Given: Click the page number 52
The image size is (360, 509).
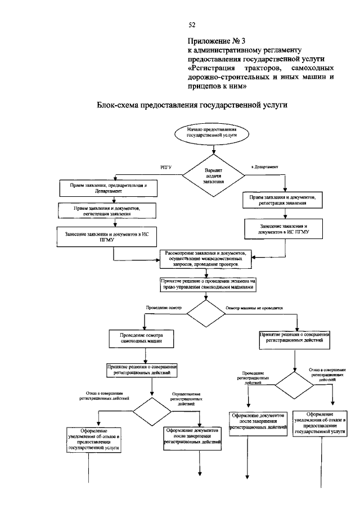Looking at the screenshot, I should (191, 25).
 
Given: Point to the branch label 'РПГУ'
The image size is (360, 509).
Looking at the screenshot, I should (165, 167).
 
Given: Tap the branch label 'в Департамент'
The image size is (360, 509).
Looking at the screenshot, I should (264, 166).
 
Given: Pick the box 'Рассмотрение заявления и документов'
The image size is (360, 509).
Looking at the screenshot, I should (205, 258).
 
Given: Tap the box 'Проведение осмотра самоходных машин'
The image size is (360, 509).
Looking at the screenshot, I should (141, 338).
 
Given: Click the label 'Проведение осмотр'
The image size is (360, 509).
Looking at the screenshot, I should (164, 308).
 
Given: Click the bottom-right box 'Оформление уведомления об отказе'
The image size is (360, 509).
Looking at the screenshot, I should (320, 422).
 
